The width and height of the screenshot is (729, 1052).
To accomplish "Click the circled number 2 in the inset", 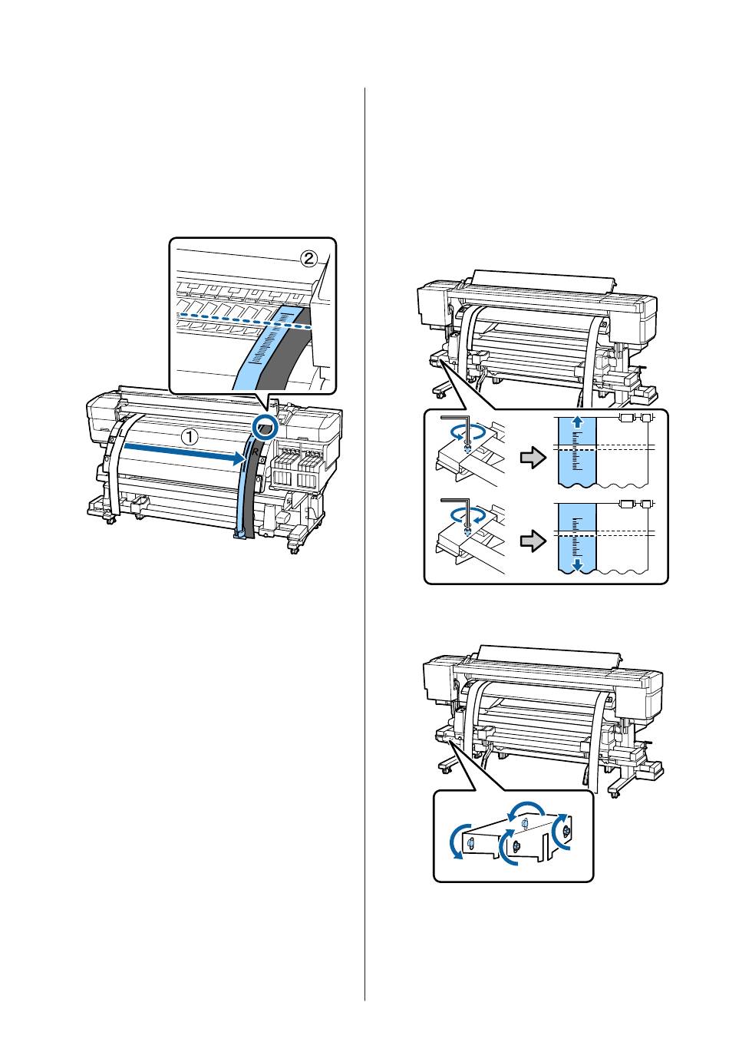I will [x=308, y=259].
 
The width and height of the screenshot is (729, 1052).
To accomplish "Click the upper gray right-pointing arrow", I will [x=532, y=458].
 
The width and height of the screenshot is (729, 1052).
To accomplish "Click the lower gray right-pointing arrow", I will [x=532, y=543].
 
